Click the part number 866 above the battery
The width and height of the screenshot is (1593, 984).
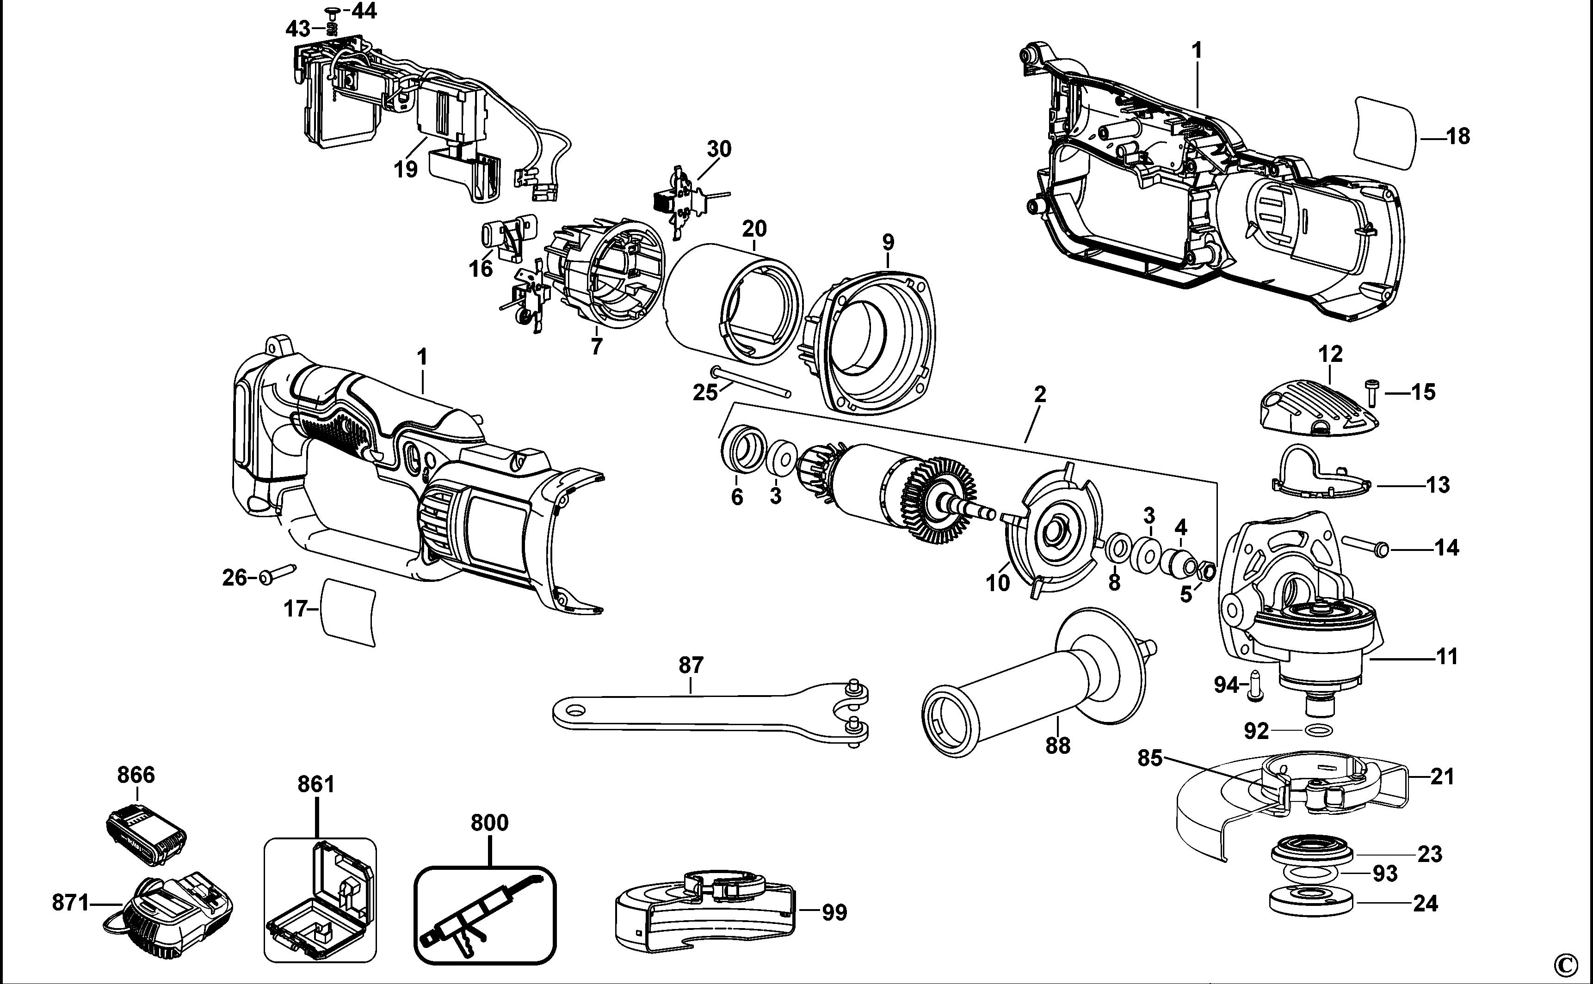(x=136, y=775)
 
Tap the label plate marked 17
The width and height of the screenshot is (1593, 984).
(x=350, y=611)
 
